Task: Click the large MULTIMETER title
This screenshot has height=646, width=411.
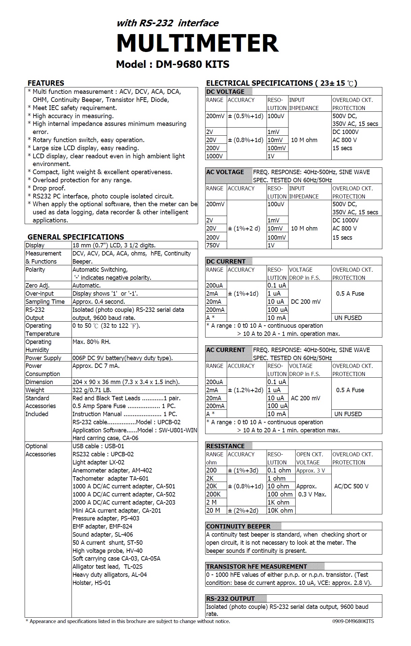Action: (x=197, y=43)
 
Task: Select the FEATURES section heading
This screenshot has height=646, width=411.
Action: (x=46, y=83)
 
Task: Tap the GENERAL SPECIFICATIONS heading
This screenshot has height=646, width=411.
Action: (x=76, y=237)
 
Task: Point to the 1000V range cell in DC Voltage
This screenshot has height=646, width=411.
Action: (x=215, y=156)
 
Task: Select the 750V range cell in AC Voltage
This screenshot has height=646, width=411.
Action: (x=213, y=245)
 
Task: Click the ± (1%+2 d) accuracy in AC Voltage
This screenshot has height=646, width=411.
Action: (x=244, y=228)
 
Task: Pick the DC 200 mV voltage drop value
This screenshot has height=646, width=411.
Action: (x=306, y=301)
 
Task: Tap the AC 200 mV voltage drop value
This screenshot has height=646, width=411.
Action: (x=306, y=398)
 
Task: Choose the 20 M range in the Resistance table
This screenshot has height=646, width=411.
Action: (x=213, y=510)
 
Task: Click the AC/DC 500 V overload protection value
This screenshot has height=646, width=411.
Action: (x=351, y=486)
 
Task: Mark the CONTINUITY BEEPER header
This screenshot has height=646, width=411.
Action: (x=238, y=526)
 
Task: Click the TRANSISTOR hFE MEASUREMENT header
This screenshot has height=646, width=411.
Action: (x=256, y=566)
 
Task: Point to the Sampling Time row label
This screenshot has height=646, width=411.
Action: (x=45, y=301)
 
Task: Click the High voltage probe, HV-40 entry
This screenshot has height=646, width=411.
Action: (x=107, y=550)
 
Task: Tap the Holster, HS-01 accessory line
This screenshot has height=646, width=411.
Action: (x=91, y=583)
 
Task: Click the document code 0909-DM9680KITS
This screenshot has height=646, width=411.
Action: (x=351, y=621)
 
